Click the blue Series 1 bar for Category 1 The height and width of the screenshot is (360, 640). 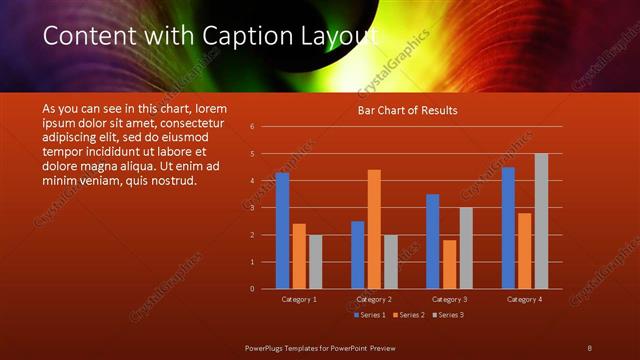(282, 231)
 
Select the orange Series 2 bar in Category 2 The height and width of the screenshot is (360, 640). (374, 229)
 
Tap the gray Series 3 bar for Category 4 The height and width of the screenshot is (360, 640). (541, 221)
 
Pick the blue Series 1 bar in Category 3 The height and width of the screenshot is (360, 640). (432, 241)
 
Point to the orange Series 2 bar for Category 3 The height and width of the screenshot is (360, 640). (449, 264)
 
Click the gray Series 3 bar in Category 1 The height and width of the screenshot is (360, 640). (316, 262)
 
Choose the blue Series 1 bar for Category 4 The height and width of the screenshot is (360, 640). (508, 228)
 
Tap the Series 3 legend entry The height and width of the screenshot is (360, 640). (450, 315)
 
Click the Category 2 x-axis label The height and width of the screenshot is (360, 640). (374, 299)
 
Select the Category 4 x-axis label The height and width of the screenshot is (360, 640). (524, 299)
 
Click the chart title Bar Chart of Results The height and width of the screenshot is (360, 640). (407, 111)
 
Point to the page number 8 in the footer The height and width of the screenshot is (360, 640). (589, 346)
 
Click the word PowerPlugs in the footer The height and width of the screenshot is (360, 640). (268, 346)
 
